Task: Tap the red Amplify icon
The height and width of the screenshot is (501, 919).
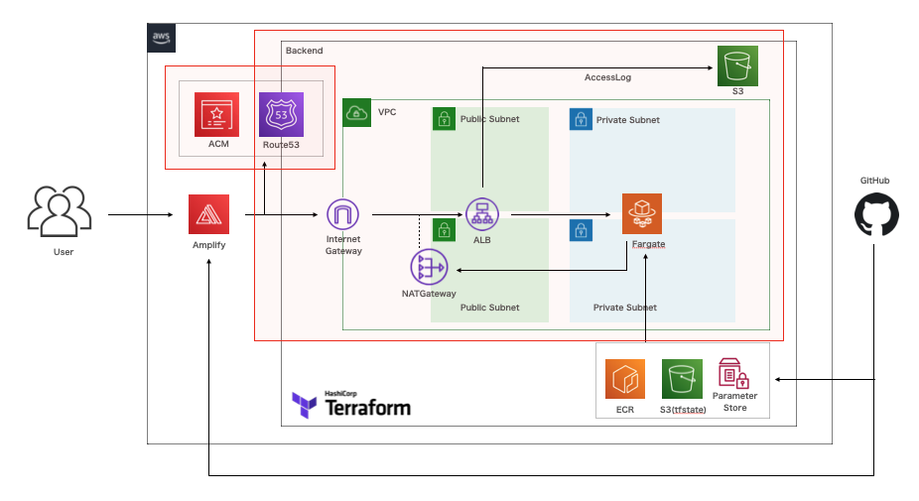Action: coord(209,214)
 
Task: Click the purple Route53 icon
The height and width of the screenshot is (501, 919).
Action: coord(280,114)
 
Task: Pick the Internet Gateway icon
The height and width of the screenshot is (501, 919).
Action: coord(342,214)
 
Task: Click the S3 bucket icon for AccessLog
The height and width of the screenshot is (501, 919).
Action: coord(737,66)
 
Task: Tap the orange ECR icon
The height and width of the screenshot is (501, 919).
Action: coord(625,379)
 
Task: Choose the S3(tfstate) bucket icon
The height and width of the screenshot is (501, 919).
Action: coord(682,379)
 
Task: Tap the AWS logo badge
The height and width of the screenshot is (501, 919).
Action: coord(162,38)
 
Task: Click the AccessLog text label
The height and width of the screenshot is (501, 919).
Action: coord(607,77)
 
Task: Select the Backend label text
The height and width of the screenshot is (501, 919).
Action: coord(304,51)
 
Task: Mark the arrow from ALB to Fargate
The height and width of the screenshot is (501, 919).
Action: coord(561,214)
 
